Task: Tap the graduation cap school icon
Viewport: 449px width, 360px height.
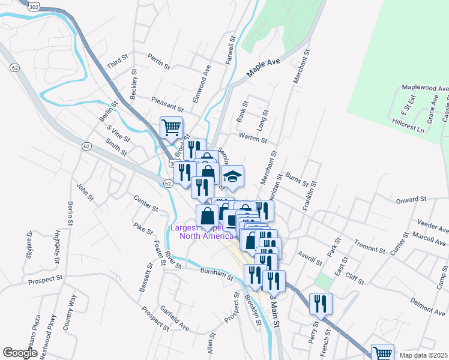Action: [232, 176]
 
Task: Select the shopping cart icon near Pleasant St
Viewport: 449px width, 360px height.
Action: [171, 128]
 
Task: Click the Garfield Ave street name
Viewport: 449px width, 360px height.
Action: [174, 318]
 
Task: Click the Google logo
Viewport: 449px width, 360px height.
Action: [20, 353]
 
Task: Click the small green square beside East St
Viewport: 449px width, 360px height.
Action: [323, 281]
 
